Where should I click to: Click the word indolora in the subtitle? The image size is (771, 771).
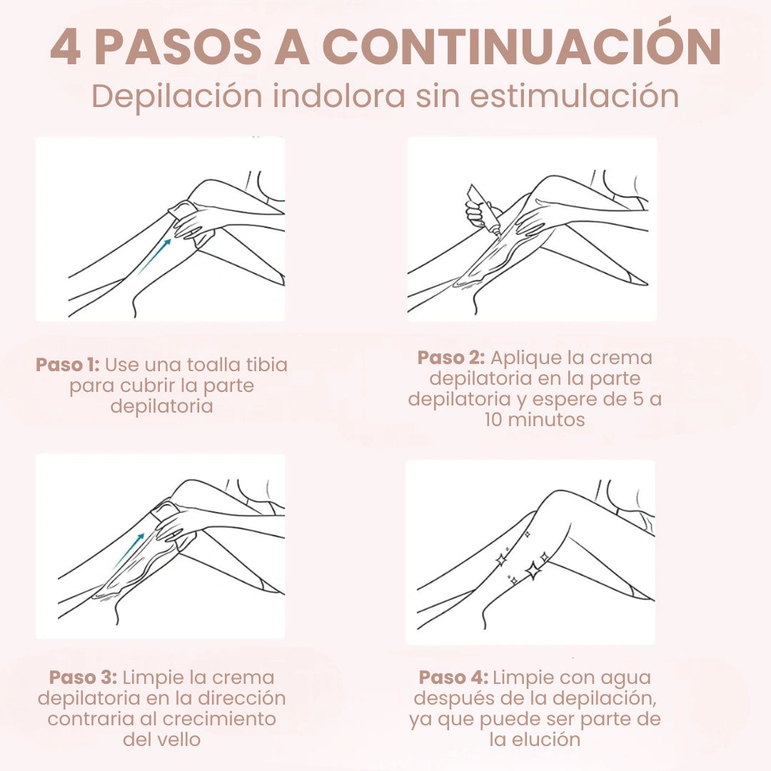point(339,96)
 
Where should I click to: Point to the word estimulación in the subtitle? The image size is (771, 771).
point(575,96)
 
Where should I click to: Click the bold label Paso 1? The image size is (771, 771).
point(68,364)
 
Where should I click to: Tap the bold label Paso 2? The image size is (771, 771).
point(451,358)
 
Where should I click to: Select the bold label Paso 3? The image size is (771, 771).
point(83,677)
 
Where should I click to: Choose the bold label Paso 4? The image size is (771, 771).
point(453,677)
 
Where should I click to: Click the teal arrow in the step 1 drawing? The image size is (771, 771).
point(154,256)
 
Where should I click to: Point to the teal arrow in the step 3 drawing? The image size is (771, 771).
point(129,550)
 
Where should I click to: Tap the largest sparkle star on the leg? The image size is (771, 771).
point(533,570)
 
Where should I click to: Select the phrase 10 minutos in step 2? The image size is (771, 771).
point(535,420)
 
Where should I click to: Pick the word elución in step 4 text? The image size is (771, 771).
point(549,739)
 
